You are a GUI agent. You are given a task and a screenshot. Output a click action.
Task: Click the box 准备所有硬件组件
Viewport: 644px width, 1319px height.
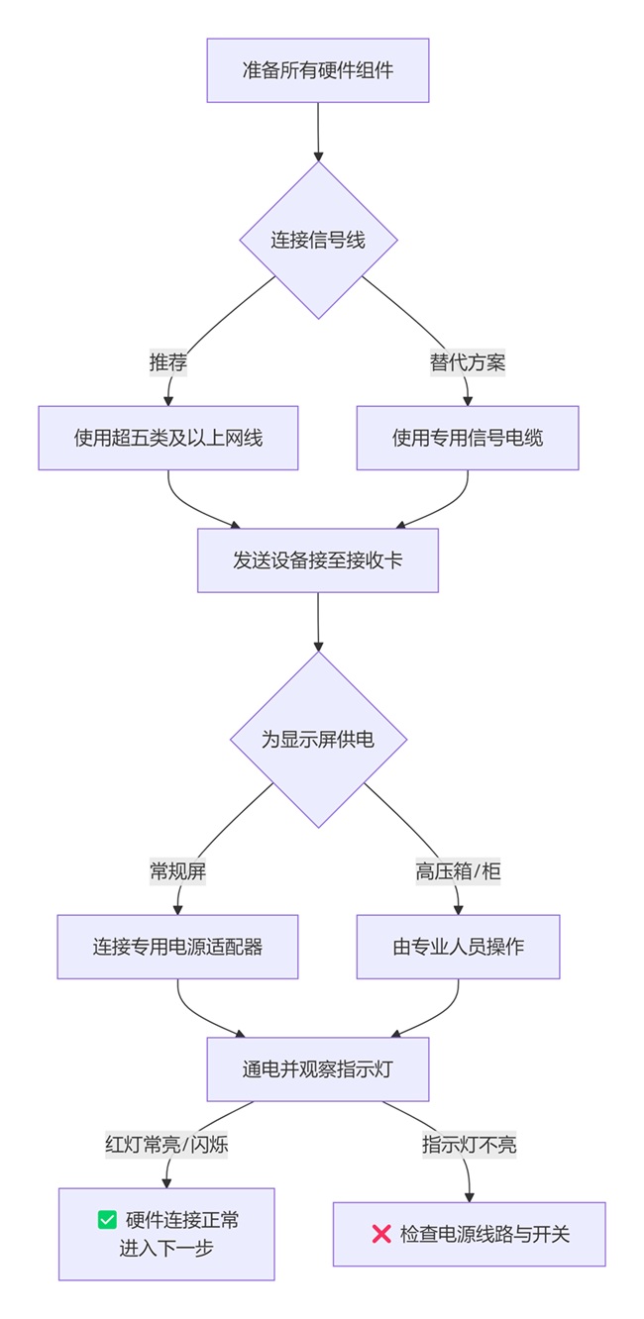coord(317,70)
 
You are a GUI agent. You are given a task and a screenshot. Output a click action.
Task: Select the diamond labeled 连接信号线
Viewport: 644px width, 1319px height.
coord(318,240)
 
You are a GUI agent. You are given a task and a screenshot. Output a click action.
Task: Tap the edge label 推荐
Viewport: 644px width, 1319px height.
coord(168,362)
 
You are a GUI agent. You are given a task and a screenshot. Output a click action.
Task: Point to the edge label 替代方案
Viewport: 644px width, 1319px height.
coord(467,362)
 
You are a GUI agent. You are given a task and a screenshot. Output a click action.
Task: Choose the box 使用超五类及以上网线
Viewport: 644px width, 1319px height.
coord(168,438)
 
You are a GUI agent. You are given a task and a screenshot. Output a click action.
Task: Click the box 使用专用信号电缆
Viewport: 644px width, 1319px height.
coord(467,438)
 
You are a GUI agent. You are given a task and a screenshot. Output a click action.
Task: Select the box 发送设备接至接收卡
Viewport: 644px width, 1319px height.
coord(318,560)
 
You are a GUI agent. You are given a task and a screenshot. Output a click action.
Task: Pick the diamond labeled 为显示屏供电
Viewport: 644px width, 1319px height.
coord(318,740)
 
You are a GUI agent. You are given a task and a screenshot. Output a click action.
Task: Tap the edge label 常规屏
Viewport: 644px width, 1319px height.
coord(177,871)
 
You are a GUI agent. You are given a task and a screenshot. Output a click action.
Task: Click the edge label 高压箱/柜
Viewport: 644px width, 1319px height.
coord(458,871)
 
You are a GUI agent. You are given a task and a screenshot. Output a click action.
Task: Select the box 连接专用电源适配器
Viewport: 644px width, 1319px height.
coord(177,947)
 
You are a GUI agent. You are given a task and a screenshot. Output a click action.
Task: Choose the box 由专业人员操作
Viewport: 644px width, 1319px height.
coord(458,947)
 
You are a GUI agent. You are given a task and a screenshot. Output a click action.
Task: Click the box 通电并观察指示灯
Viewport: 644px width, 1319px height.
coord(318,1069)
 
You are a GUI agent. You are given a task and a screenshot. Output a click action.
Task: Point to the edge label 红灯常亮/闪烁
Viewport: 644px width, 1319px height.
coord(166,1145)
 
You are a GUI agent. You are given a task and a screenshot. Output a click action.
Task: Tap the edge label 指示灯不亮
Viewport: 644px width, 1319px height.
coord(469,1145)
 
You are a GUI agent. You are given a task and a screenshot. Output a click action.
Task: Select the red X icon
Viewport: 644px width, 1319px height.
coord(380,1234)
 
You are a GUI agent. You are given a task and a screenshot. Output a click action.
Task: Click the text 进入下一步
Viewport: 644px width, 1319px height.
coord(166,1248)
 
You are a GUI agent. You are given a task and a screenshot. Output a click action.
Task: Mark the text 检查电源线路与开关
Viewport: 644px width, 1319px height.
coord(484,1235)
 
